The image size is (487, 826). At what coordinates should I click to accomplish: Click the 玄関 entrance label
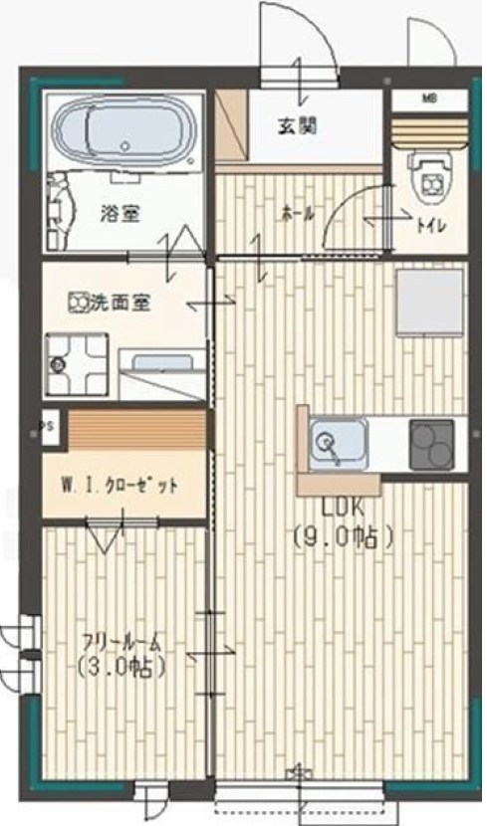(x=296, y=125)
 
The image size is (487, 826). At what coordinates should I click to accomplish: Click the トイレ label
(x=431, y=226)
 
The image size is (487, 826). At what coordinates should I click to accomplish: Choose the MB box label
(x=429, y=99)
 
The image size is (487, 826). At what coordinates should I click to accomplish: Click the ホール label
(x=296, y=213)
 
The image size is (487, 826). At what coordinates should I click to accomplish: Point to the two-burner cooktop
(x=432, y=443)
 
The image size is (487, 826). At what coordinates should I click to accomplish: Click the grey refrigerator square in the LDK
(x=429, y=305)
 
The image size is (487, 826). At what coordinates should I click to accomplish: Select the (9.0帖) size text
(x=344, y=537)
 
